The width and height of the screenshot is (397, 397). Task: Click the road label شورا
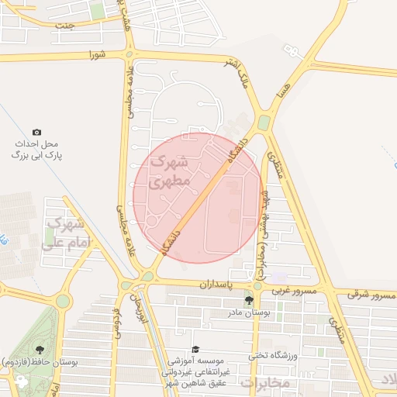click(96, 54)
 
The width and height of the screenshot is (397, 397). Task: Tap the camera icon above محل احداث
click(36, 133)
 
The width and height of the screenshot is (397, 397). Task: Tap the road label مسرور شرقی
click(371, 295)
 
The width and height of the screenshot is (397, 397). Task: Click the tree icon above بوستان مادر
click(248, 300)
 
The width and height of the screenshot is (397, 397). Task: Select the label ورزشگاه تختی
click(268, 356)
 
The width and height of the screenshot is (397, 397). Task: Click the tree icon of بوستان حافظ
click(40, 350)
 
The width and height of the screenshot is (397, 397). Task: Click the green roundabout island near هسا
click(264, 123)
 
